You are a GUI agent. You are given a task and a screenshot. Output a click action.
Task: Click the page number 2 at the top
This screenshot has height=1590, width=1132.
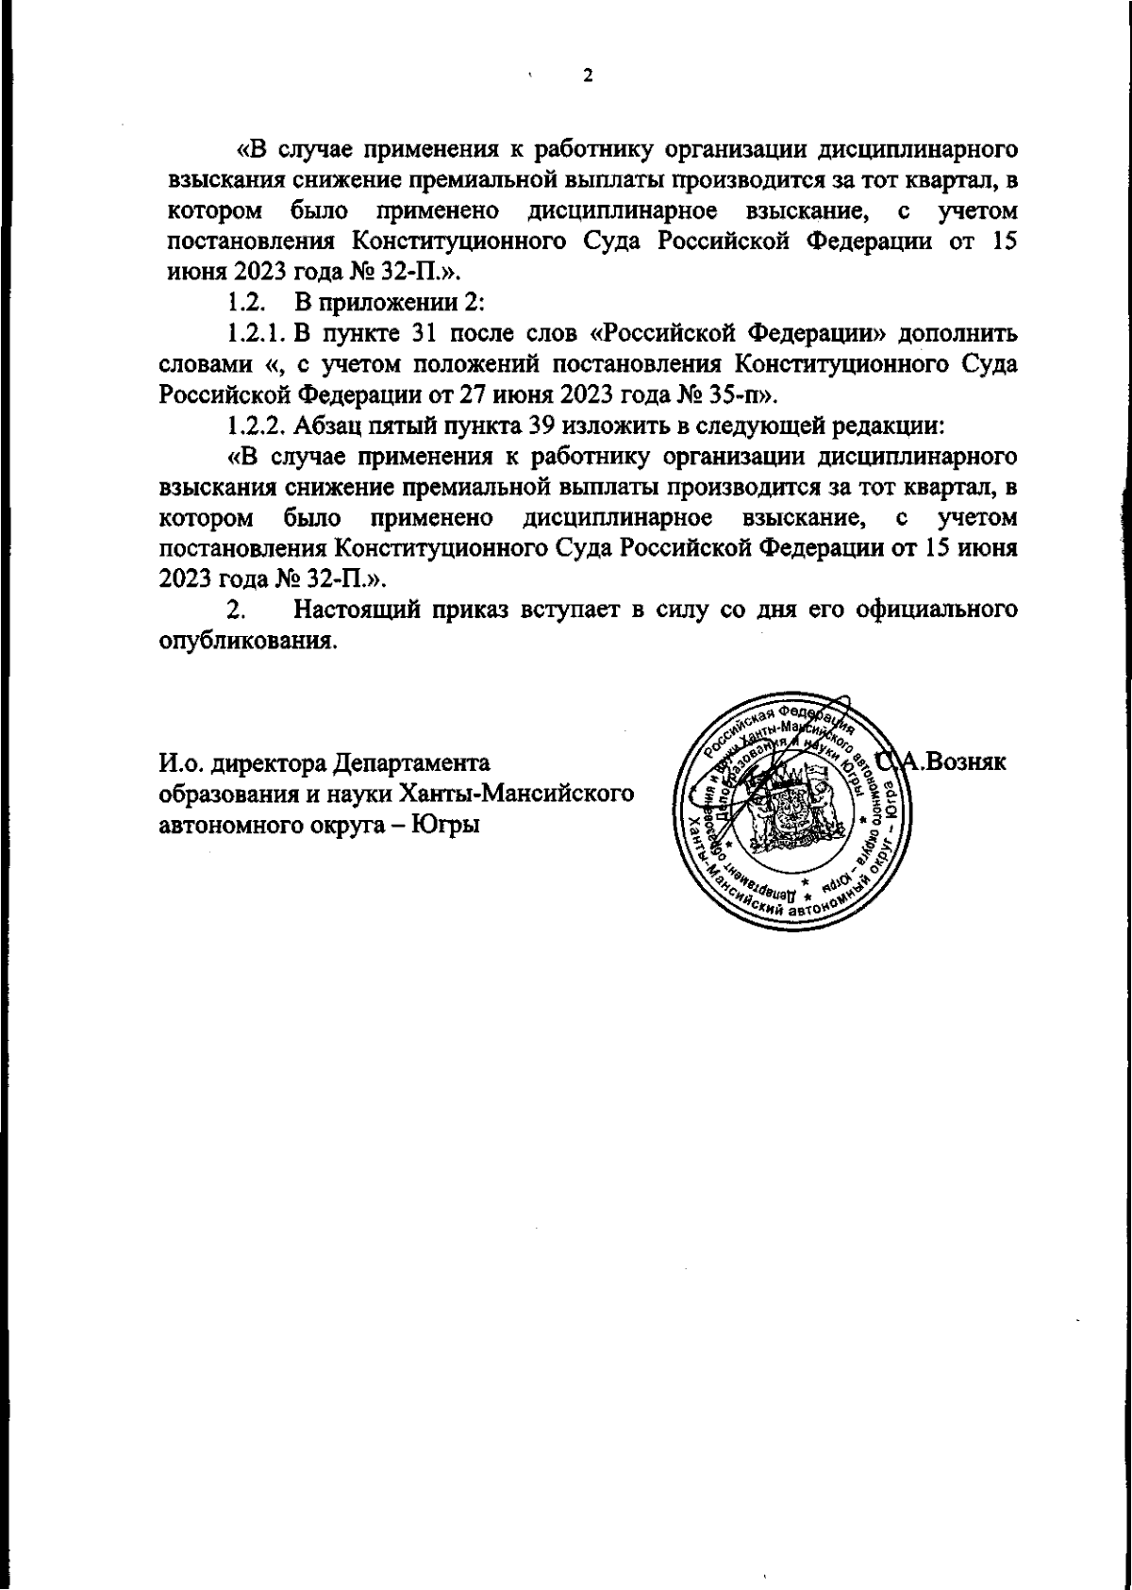588,76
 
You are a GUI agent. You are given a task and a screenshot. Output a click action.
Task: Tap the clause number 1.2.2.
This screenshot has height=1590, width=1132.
257,425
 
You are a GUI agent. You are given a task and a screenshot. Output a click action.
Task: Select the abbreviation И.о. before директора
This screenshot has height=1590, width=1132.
181,762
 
